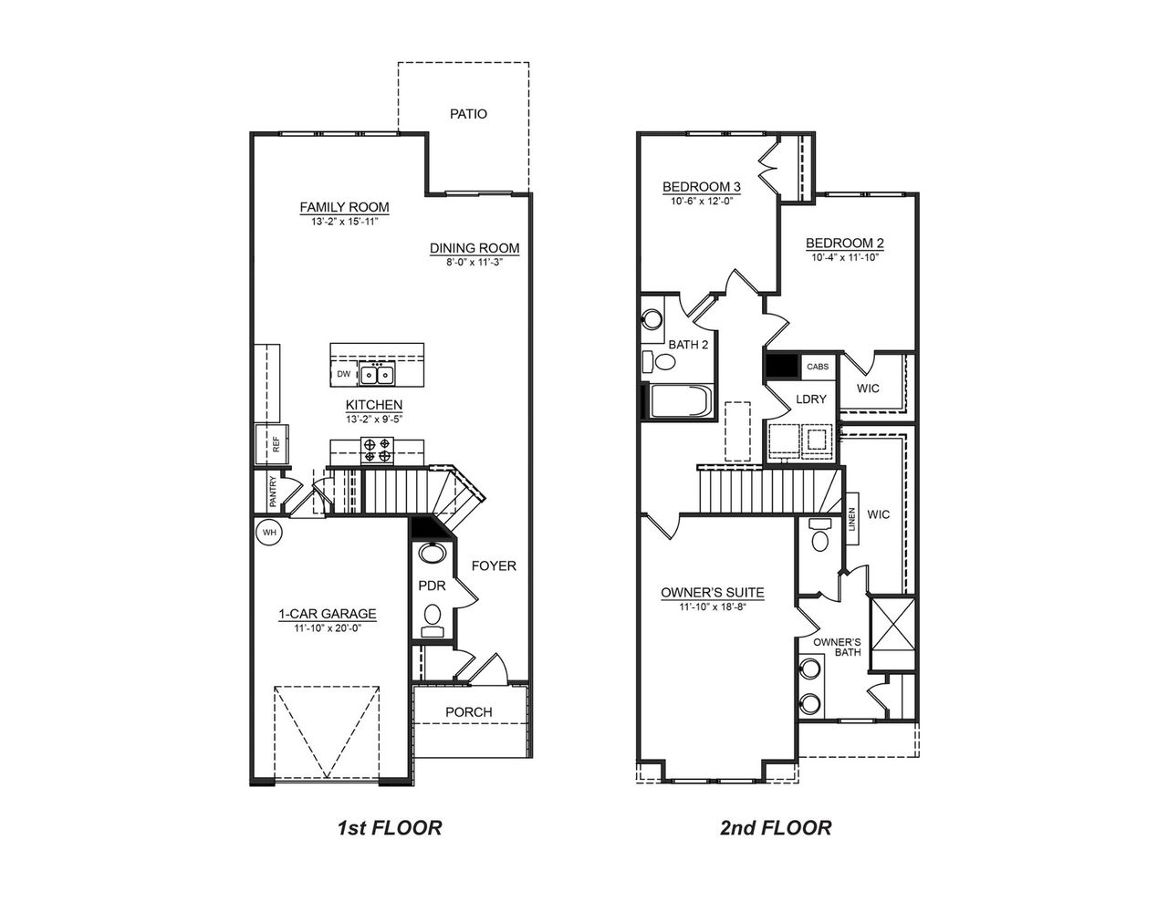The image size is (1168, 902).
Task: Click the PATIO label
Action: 468,114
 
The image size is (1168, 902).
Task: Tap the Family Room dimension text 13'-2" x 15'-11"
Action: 345,221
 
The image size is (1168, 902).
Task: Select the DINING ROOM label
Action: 474,248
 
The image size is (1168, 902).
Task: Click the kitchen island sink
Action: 375,374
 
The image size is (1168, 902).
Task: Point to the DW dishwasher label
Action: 343,374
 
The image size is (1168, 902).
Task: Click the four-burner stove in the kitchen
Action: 377,450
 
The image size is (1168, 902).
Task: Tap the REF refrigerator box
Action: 273,444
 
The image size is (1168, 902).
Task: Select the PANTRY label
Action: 273,492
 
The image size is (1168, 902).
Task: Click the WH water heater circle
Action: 270,532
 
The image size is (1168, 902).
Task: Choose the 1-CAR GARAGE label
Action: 328,614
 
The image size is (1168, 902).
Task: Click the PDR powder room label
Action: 431,586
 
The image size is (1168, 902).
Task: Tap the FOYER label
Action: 494,565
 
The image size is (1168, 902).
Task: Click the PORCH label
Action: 468,711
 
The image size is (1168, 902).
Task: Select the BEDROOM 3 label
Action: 701,187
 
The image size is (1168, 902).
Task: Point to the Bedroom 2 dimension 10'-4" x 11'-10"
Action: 844,257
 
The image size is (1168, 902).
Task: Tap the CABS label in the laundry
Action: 818,367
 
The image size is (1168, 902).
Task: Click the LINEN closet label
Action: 852,525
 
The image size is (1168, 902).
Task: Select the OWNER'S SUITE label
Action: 713,593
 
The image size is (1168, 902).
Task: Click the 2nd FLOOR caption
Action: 776,828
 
